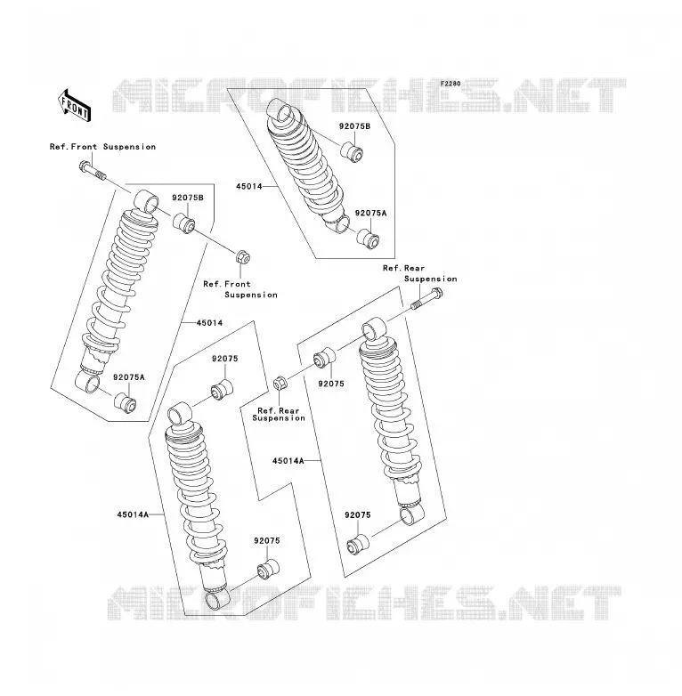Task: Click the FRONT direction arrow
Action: [75, 106]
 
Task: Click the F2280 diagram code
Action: [451, 84]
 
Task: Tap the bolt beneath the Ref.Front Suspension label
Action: [93, 172]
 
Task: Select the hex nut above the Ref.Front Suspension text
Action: [242, 256]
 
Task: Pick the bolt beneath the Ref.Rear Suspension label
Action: [427, 298]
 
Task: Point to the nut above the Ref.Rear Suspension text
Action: [280, 383]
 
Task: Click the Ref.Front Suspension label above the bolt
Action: [102, 147]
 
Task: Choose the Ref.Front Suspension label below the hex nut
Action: [240, 289]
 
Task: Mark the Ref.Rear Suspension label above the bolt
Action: [420, 273]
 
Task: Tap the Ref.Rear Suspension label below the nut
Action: [279, 414]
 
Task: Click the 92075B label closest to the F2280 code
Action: [354, 126]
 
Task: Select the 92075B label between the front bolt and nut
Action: [188, 198]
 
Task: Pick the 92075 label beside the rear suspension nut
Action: [331, 384]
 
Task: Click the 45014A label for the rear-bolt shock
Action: [288, 461]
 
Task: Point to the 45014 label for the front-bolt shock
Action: [209, 323]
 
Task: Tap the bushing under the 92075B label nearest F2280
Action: [352, 151]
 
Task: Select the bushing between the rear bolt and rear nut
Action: [325, 357]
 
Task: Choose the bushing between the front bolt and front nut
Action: [183, 223]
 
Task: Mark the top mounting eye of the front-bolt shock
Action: [146, 201]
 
